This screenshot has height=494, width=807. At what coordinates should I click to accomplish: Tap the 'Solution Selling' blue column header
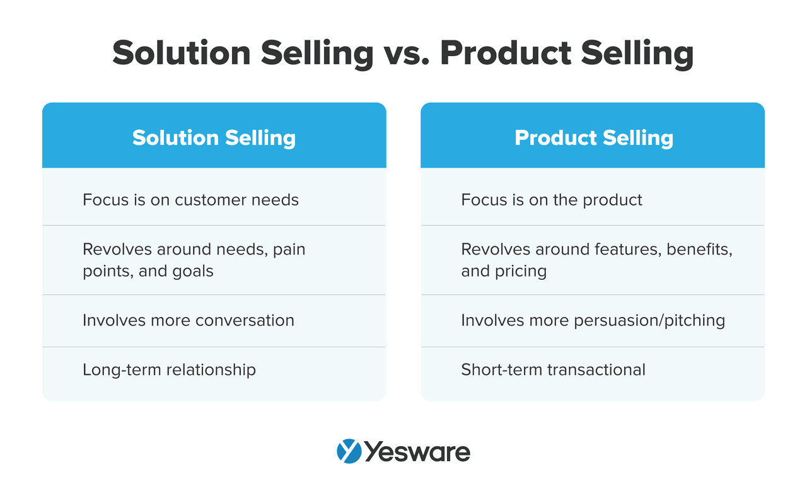tap(214, 135)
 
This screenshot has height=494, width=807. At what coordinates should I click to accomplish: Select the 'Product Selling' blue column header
tap(593, 135)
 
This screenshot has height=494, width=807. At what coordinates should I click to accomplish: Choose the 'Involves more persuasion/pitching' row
tap(593, 321)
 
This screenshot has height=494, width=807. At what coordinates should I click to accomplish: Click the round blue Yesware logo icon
tap(349, 451)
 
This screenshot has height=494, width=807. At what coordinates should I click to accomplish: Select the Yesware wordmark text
tap(417, 452)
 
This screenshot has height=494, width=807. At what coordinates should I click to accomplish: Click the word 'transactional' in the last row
tap(596, 370)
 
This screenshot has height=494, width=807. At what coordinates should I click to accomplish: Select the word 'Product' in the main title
tap(506, 54)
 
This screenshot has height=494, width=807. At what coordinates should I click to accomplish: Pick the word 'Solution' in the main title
tap(182, 54)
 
